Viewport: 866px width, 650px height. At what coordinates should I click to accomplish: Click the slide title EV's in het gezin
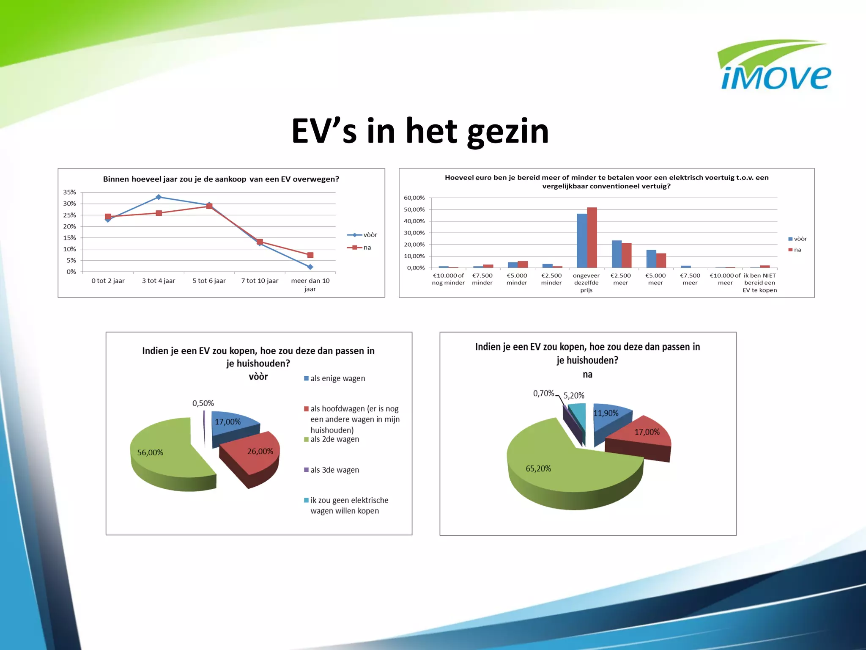point(420,131)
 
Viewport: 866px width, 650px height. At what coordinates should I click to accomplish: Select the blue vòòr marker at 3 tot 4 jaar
point(159,197)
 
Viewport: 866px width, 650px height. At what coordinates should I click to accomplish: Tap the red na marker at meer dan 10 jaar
point(310,255)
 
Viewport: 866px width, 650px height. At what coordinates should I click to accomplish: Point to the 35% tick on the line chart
point(70,192)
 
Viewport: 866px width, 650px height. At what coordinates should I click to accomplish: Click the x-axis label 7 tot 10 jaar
point(260,281)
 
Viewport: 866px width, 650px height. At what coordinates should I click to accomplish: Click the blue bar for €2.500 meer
point(617,254)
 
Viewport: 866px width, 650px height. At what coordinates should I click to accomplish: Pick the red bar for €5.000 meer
point(661,260)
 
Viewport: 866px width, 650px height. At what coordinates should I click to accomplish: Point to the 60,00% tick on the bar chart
point(414,198)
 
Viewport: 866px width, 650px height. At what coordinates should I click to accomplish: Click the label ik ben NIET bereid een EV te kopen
point(759,283)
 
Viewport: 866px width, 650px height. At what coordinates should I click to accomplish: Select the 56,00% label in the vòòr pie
point(150,452)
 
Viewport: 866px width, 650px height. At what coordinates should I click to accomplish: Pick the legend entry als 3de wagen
point(334,470)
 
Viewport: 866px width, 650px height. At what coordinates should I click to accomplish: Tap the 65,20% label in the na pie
point(538,468)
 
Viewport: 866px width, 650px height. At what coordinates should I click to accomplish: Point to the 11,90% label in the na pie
point(606,413)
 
